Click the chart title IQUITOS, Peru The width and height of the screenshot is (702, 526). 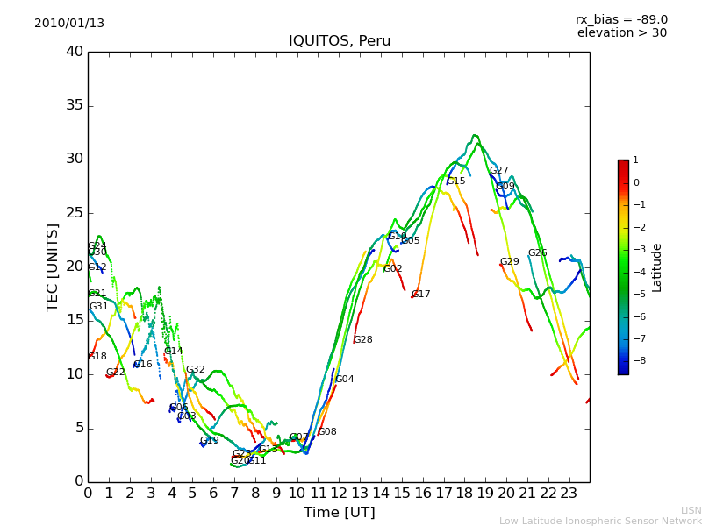[340, 41]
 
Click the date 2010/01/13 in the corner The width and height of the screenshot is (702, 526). [69, 23]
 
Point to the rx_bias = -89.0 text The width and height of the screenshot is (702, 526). [621, 19]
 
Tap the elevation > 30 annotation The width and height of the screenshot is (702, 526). [621, 33]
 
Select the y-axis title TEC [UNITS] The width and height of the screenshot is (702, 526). [53, 267]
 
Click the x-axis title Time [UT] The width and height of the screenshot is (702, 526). [339, 513]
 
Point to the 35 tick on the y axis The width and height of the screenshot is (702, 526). [75, 105]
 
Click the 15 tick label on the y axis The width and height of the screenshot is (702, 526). [75, 320]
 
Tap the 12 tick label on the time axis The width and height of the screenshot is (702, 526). [339, 493]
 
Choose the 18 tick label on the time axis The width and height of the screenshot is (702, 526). [464, 493]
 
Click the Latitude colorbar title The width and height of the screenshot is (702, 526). [656, 267]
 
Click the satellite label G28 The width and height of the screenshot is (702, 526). [362, 340]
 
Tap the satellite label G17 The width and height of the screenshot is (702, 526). [421, 295]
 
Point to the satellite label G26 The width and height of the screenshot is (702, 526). [537, 253]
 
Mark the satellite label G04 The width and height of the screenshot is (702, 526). [345, 380]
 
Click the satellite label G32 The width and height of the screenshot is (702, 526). [195, 370]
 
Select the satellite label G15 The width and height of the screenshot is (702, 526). [456, 181]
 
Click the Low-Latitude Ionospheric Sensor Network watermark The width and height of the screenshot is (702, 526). [600, 521]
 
